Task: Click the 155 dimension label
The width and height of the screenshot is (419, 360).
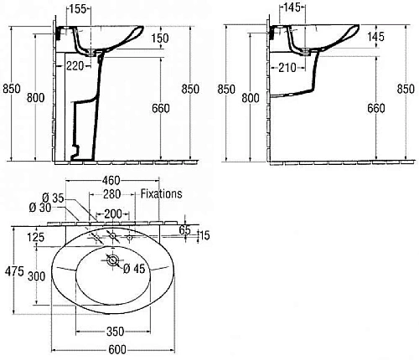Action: tap(77, 9)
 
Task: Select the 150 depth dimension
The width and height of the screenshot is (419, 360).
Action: tap(160, 39)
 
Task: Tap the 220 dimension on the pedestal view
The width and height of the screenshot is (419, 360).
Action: tap(75, 66)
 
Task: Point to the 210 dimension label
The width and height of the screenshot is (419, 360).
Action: tap(287, 68)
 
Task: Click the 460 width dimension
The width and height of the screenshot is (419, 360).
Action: tap(111, 181)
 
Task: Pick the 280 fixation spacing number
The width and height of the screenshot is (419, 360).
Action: tap(112, 194)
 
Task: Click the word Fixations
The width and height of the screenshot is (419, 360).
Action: tap(161, 193)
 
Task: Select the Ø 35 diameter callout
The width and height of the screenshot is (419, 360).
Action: tap(53, 198)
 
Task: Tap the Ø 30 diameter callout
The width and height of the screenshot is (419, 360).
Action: tap(40, 208)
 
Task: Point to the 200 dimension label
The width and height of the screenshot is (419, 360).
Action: tap(113, 214)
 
